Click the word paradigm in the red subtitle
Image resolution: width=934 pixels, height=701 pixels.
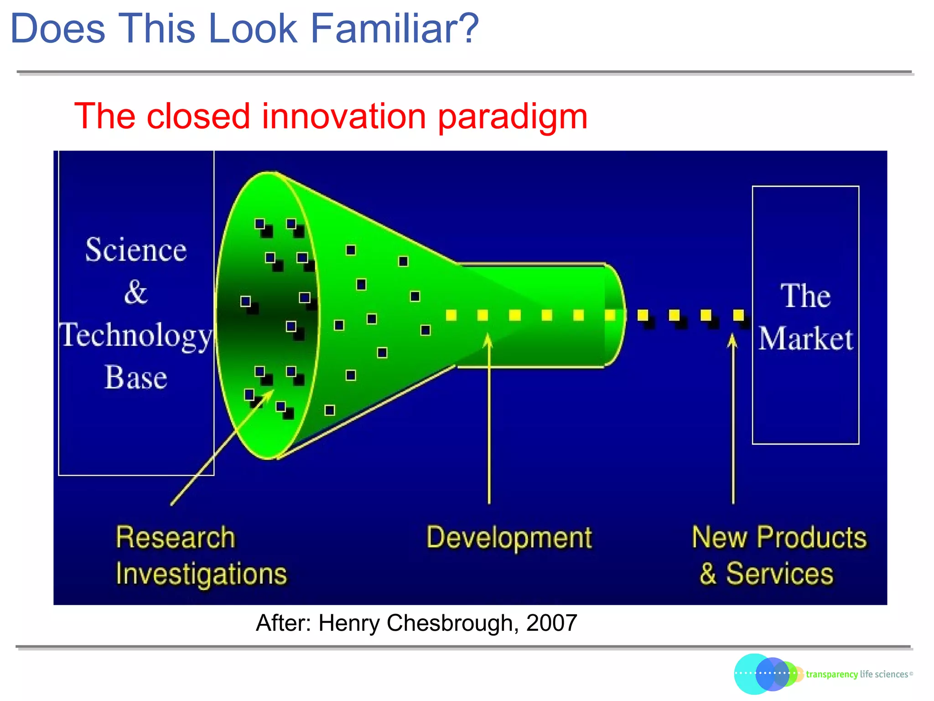pyautogui.click(x=512, y=116)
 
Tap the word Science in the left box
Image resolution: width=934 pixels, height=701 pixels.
pyautogui.click(x=136, y=250)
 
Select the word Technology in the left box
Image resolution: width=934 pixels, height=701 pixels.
pyautogui.click(x=136, y=336)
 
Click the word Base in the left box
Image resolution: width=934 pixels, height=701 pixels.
pyautogui.click(x=136, y=378)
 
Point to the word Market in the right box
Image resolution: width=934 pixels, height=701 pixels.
pyautogui.click(x=805, y=339)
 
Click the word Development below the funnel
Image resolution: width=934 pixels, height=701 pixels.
pyautogui.click(x=509, y=538)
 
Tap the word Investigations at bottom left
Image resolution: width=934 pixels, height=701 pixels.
pyautogui.click(x=201, y=574)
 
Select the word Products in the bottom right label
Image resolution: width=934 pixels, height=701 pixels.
pyautogui.click(x=812, y=537)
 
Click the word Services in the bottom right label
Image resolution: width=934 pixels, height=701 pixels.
pyautogui.click(x=779, y=574)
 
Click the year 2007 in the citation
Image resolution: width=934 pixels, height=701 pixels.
pyautogui.click(x=551, y=623)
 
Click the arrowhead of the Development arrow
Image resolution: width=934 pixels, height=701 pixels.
pyautogui.click(x=488, y=340)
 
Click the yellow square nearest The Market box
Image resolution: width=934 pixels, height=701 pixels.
pyautogui.click(x=738, y=315)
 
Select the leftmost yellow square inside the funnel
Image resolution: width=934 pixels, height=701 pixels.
pyautogui.click(x=451, y=315)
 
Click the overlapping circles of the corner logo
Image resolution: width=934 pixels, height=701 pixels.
pyautogui.click(x=766, y=674)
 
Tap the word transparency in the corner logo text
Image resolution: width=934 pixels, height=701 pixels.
pyautogui.click(x=831, y=675)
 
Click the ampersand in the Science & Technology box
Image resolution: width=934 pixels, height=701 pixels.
pyautogui.click(x=135, y=292)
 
